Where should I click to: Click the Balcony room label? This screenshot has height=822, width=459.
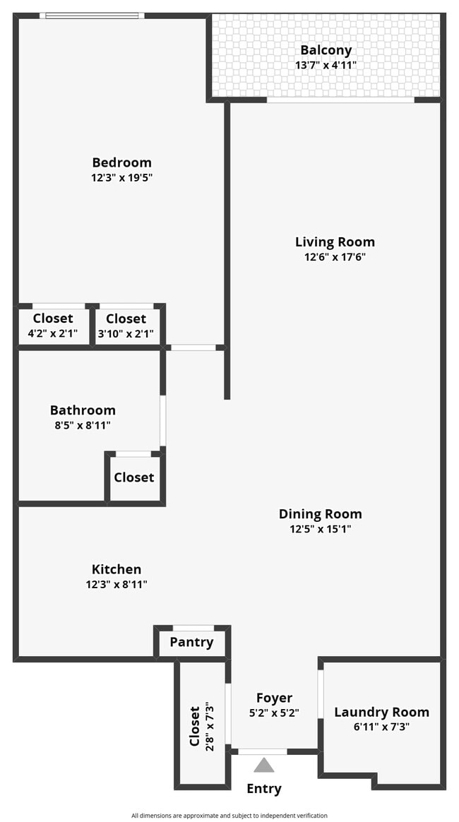tap(326, 50)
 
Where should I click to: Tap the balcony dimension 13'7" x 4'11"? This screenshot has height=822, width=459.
tap(326, 65)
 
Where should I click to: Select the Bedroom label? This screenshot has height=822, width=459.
tap(121, 162)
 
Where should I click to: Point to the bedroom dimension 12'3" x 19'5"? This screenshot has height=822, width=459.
tap(121, 178)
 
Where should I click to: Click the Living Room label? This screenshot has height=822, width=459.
tap(335, 242)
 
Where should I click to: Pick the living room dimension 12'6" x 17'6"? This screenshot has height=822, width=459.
tap(335, 257)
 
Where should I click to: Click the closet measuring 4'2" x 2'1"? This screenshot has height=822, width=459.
tap(53, 326)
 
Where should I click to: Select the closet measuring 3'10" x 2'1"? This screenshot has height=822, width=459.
tap(126, 326)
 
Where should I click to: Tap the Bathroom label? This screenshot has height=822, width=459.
tap(83, 410)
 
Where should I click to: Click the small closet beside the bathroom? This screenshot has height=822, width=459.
tap(134, 477)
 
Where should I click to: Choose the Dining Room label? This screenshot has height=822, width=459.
tap(320, 514)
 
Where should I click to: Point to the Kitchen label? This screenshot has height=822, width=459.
tap(117, 569)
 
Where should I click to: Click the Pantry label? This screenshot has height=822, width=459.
tap(191, 642)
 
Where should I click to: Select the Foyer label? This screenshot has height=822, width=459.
tap(274, 698)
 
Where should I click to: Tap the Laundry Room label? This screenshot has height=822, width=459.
tap(381, 712)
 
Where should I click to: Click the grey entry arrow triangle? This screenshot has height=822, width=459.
tap(264, 765)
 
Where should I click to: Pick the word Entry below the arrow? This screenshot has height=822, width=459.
tap(264, 789)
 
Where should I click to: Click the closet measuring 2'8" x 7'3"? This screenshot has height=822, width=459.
tap(201, 725)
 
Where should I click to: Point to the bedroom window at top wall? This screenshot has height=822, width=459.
tap(92, 16)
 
